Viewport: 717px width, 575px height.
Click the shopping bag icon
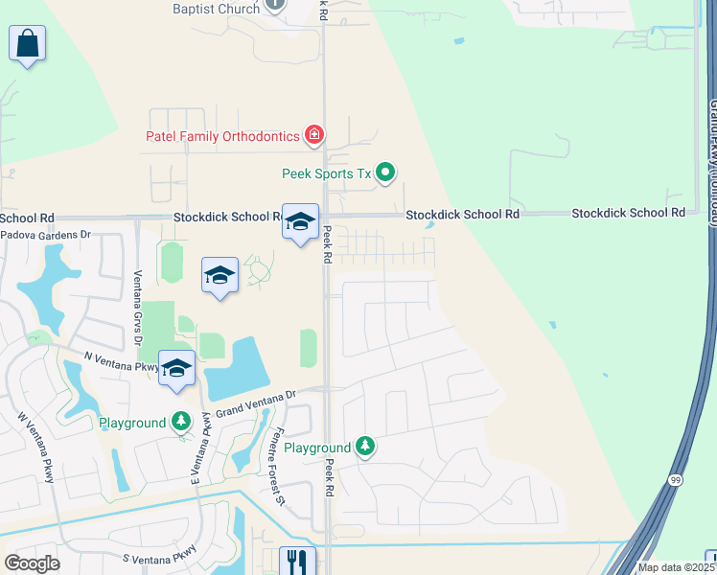tap(28, 43)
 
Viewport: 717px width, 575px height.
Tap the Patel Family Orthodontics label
tap(222, 136)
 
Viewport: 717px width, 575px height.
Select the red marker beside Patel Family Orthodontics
tap(314, 135)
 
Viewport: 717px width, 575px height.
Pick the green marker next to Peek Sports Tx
tap(385, 172)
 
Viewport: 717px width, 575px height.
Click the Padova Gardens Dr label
tap(45, 234)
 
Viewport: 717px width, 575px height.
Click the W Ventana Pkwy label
tap(36, 447)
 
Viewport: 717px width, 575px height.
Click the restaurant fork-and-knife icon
tap(297, 562)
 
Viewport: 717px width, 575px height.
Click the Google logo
tap(32, 563)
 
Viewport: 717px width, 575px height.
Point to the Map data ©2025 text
tap(677, 567)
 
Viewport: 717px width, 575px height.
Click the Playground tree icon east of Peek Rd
tap(364, 446)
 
